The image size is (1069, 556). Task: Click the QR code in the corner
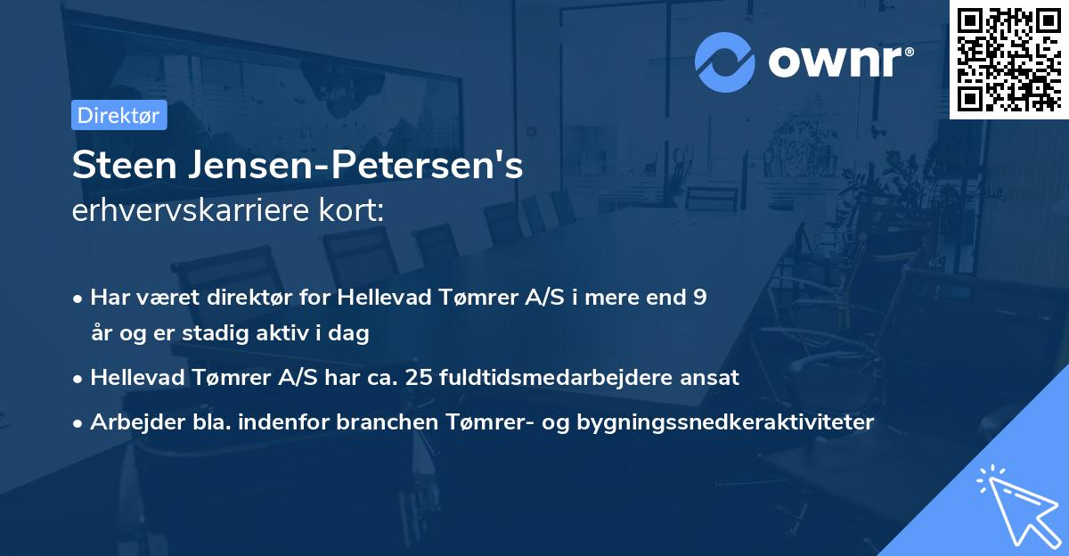tap(1008, 59)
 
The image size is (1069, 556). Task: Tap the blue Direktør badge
tap(118, 115)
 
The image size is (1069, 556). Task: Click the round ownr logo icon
tap(725, 61)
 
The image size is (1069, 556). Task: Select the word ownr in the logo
tap(840, 61)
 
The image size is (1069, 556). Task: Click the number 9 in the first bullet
tap(700, 298)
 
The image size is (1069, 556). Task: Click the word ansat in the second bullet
tap(714, 378)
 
